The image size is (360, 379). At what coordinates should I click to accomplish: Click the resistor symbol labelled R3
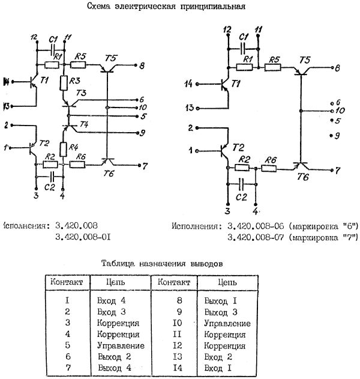64,83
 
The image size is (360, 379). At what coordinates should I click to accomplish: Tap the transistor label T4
83,124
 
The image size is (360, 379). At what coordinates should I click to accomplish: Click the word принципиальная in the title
214,7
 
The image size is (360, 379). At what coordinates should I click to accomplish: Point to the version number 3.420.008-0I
82,238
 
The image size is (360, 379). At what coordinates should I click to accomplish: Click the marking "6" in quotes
350,226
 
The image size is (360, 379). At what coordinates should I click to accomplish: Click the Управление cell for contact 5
120,345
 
